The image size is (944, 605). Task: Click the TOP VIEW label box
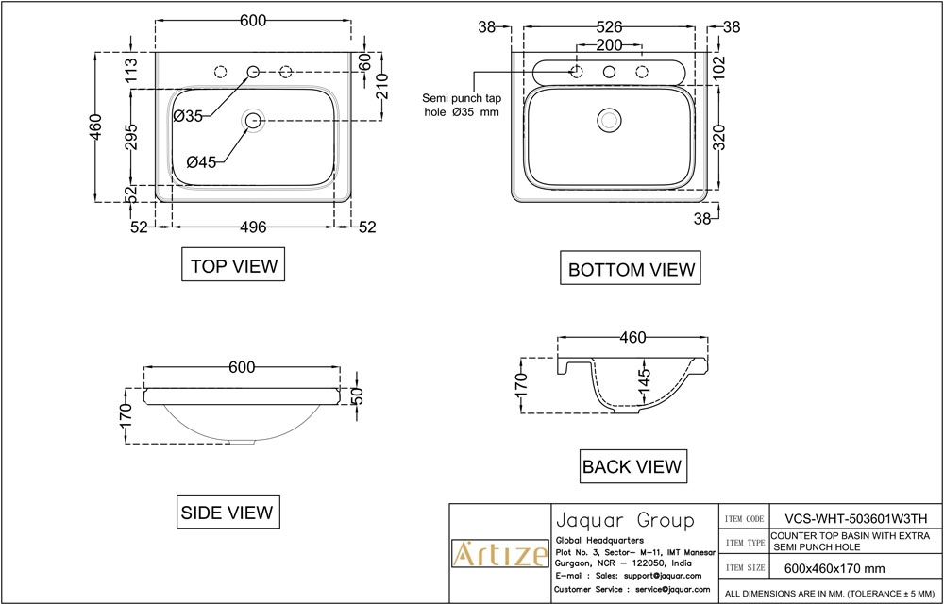click(234, 266)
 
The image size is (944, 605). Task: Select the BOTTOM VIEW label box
click(632, 269)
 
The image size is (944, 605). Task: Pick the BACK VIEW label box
click(632, 466)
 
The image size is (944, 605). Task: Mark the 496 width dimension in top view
click(252, 227)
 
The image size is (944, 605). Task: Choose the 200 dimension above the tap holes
click(609, 46)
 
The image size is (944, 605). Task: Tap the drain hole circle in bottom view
click(610, 120)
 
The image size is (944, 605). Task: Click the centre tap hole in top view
click(253, 72)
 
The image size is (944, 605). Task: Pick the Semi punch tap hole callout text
click(460, 105)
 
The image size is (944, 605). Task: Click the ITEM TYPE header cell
click(744, 543)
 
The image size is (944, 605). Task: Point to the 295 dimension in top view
click(131, 136)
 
